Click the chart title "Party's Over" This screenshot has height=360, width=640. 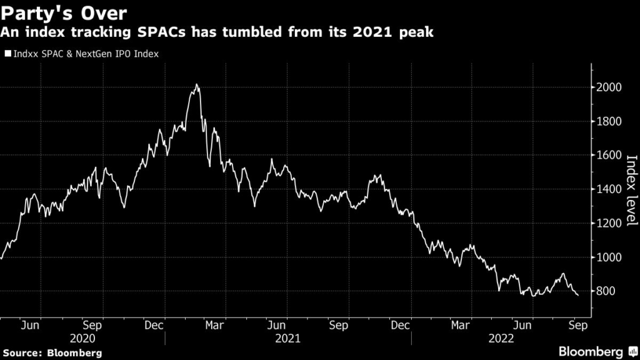64,14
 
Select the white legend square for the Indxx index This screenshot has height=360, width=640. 7,54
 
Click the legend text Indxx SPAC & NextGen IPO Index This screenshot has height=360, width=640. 86,54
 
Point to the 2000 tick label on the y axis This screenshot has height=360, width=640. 609,87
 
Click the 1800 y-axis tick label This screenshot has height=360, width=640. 609,122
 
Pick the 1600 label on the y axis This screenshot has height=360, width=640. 609,155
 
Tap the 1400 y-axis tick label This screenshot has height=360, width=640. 609,189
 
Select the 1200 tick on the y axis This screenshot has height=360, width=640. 609,223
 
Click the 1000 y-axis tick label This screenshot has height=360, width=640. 609,257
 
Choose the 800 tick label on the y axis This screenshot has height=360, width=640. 606,291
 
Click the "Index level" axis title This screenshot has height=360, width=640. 631,190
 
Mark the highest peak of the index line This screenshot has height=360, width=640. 197,84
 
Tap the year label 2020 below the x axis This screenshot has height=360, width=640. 82,339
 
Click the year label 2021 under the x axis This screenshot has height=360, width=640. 287,339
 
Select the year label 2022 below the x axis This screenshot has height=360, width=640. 501,339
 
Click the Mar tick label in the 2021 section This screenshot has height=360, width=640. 214,325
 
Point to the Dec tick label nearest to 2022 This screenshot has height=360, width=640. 400,325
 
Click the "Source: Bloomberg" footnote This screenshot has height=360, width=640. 52,353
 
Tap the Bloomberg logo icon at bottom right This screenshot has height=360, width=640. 633,351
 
